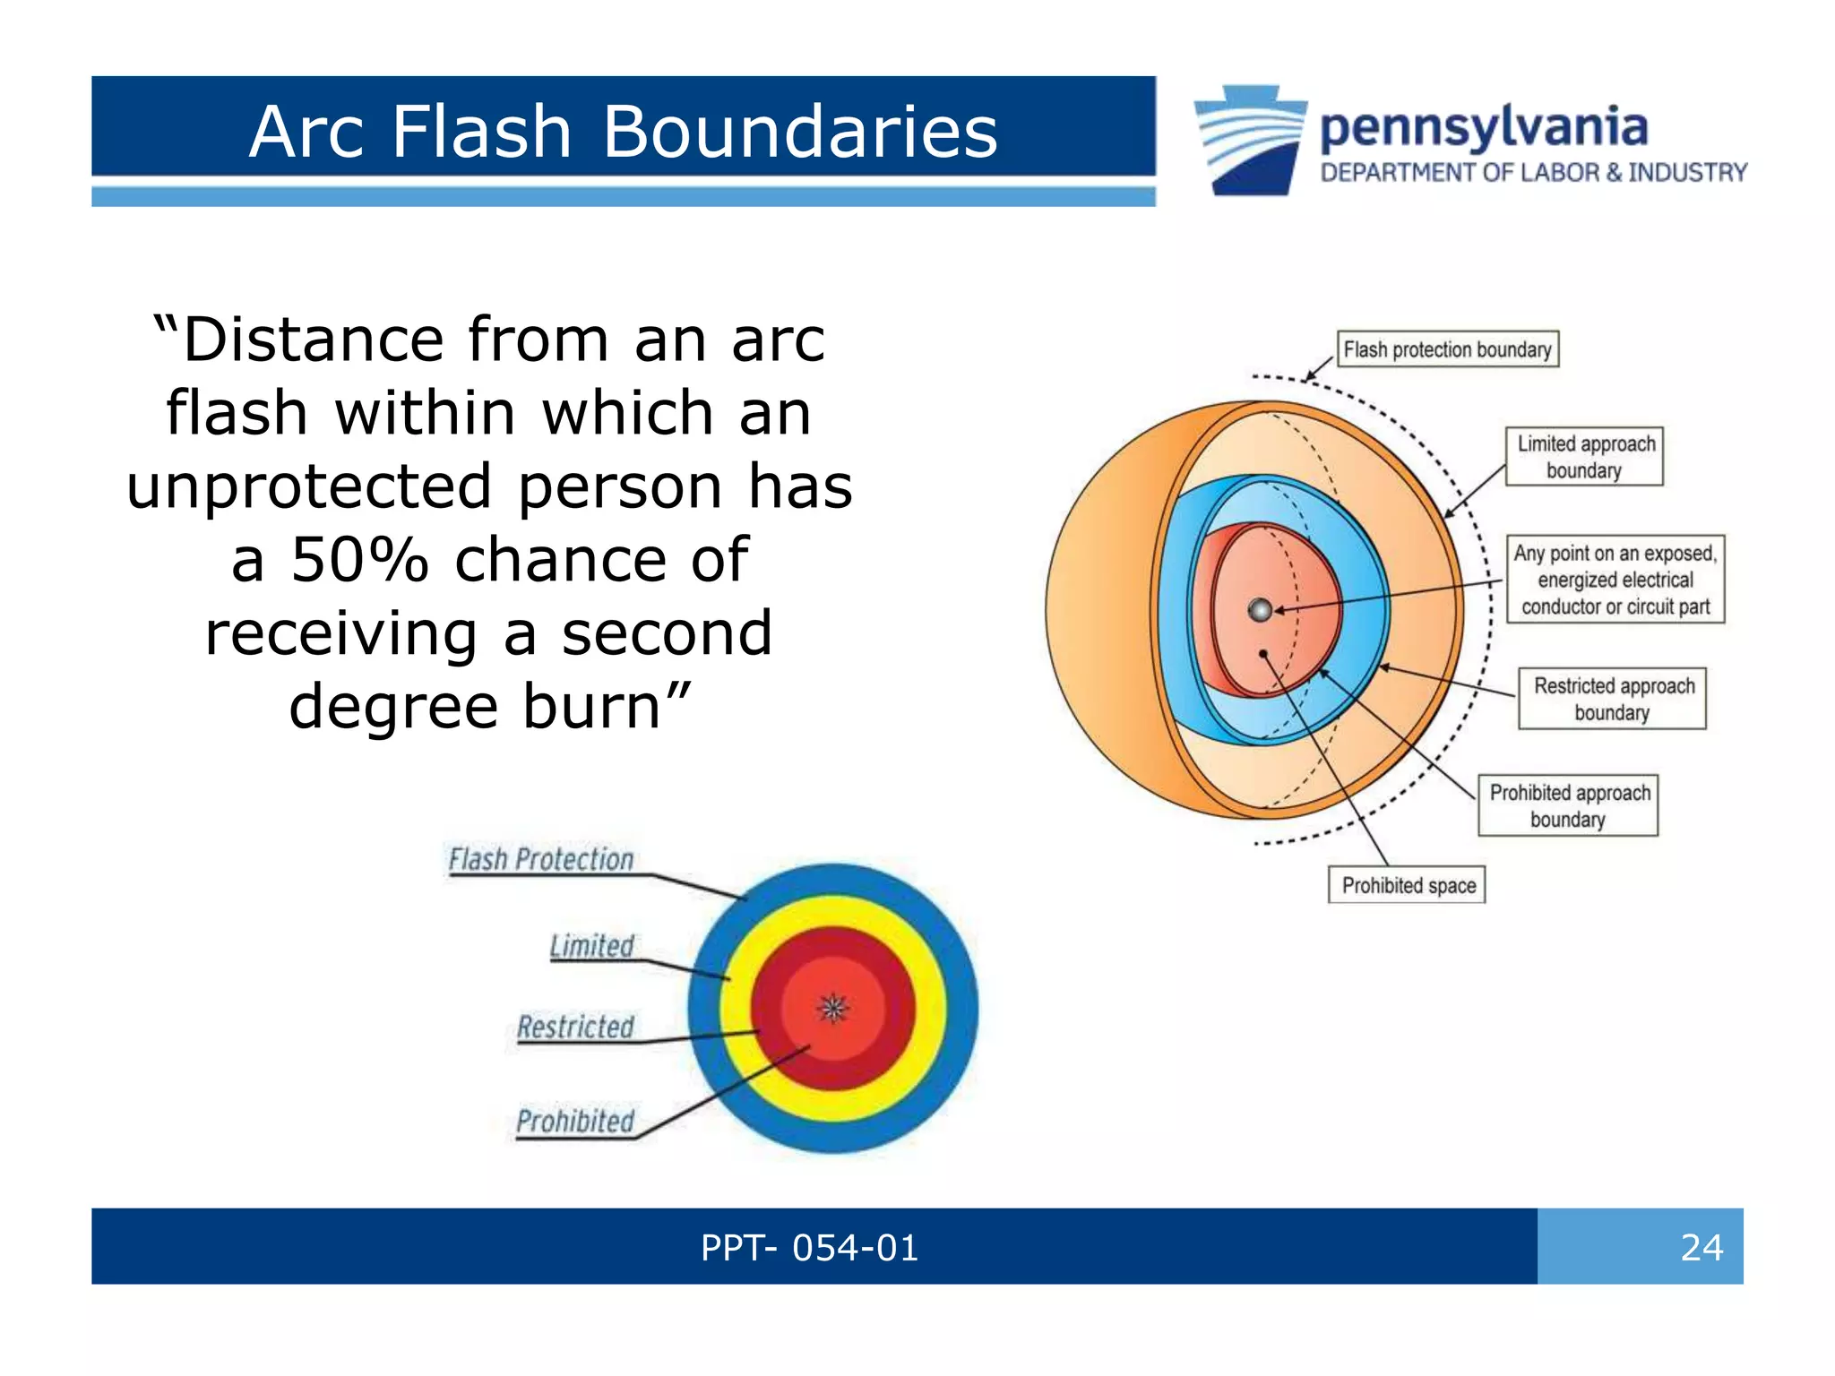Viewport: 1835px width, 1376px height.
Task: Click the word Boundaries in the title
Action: pyautogui.click(x=799, y=132)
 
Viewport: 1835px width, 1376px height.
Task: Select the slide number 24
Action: pyautogui.click(x=1701, y=1247)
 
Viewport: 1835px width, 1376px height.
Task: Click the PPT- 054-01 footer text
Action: pyautogui.click(x=809, y=1247)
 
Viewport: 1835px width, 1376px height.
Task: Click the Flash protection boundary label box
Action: pyautogui.click(x=1447, y=349)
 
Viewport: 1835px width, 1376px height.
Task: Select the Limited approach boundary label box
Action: pyautogui.click(x=1584, y=457)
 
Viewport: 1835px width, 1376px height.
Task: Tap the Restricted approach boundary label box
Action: pyautogui.click(x=1612, y=699)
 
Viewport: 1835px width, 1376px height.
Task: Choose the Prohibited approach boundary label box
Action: pyautogui.click(x=1568, y=805)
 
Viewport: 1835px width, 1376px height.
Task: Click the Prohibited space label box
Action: pyautogui.click(x=1407, y=885)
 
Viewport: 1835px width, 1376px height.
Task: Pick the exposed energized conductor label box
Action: pyautogui.click(x=1615, y=580)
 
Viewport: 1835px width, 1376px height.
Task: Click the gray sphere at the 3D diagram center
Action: pyautogui.click(x=1260, y=610)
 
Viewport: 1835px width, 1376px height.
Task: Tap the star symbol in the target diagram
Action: pyautogui.click(x=833, y=1009)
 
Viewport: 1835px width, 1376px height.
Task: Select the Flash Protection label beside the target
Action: pyautogui.click(x=541, y=859)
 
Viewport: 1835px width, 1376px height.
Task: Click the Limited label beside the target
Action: pyautogui.click(x=591, y=946)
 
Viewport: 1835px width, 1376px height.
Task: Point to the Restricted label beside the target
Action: pyautogui.click(x=575, y=1027)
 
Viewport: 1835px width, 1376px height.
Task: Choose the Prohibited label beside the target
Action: pyautogui.click(x=575, y=1121)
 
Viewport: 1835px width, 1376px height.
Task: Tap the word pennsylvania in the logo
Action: pyautogui.click(x=1483, y=128)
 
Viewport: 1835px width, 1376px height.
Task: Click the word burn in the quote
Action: pyautogui.click(x=591, y=706)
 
